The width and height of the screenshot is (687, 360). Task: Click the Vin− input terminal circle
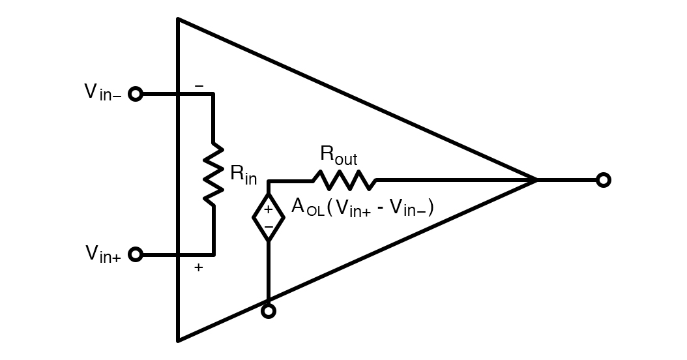click(135, 94)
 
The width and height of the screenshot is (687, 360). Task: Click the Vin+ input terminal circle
click(135, 254)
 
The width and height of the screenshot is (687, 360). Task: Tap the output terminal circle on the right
click(604, 180)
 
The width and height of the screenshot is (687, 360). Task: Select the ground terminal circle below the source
click(268, 311)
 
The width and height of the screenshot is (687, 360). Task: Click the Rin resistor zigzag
click(213, 174)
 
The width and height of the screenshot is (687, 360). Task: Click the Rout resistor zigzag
click(343, 180)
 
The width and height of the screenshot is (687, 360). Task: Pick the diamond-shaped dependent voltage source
click(268, 218)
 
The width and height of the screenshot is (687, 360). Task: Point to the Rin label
click(243, 175)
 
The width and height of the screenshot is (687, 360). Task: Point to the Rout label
click(338, 155)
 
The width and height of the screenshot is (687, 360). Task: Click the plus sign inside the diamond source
click(268, 209)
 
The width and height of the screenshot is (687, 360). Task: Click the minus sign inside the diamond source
click(268, 227)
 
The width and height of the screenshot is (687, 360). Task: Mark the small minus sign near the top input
click(199, 86)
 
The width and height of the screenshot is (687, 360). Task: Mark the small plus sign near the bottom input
click(198, 267)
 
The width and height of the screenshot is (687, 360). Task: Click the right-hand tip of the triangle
click(536, 180)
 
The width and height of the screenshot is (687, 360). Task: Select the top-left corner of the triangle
click(179, 20)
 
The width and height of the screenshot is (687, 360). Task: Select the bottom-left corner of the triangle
click(179, 339)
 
